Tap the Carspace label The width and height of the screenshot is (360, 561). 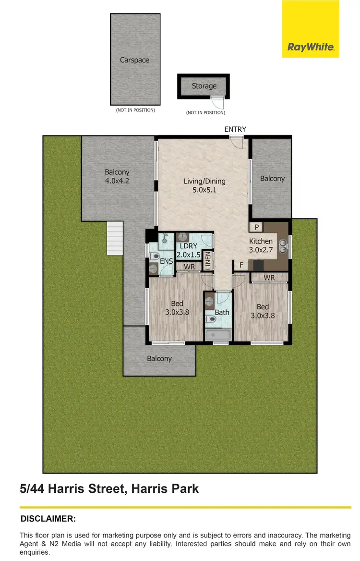[x=134, y=60]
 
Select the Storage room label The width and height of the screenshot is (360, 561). [x=204, y=86]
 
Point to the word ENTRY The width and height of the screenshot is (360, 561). [x=235, y=129]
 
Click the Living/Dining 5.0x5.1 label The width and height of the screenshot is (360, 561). [x=204, y=185]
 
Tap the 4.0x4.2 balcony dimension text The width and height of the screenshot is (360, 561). [x=117, y=181]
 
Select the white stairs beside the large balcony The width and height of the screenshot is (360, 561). [x=114, y=238]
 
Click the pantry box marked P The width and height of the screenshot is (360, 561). [x=257, y=227]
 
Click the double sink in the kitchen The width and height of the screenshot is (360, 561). [x=284, y=246]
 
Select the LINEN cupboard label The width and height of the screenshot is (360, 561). [x=208, y=261]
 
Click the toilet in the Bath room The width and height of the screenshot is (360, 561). [x=210, y=319]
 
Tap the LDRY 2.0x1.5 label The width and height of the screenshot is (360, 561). [x=189, y=250]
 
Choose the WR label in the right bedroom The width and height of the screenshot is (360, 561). [x=269, y=278]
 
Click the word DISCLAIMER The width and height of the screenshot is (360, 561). [x=48, y=519]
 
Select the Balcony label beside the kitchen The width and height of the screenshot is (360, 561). [x=272, y=178]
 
